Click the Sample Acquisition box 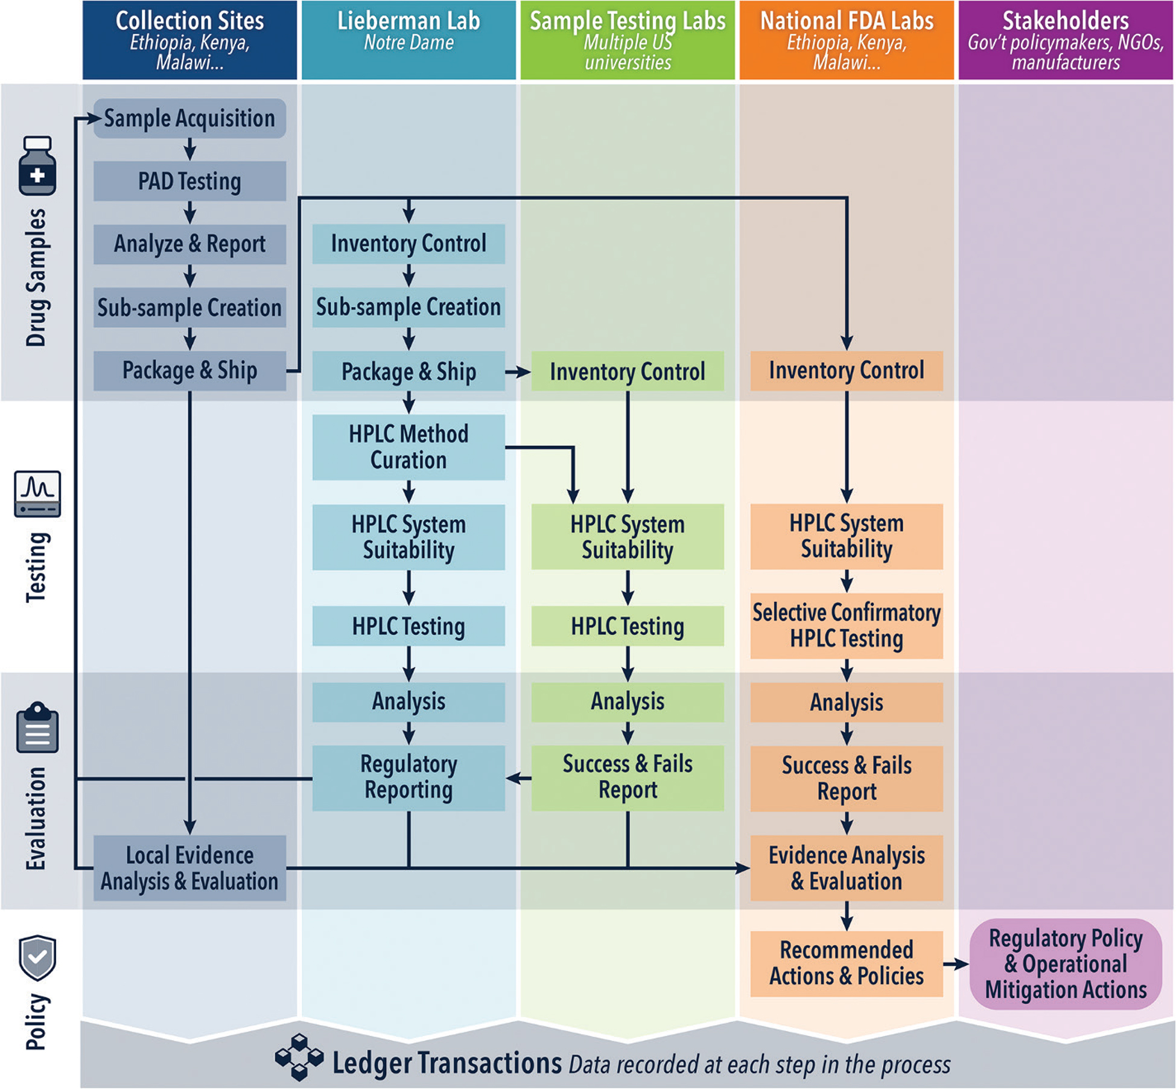pyautogui.click(x=189, y=118)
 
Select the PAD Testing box pyautogui.click(x=189, y=181)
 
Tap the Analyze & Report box pyautogui.click(x=189, y=244)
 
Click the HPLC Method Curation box pyautogui.click(x=408, y=447)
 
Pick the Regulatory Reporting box pyautogui.click(x=408, y=778)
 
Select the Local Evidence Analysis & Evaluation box pyautogui.click(x=189, y=868)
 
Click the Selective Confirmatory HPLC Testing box pyautogui.click(x=847, y=625)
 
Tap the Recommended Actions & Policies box pyautogui.click(x=847, y=963)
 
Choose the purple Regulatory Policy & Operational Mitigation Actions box pyautogui.click(x=1066, y=963)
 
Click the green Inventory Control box pyautogui.click(x=628, y=371)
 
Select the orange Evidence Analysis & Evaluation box pyautogui.click(x=847, y=868)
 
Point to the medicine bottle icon pyautogui.click(x=37, y=166)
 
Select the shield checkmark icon pyautogui.click(x=37, y=957)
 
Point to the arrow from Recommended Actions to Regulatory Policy pyautogui.click(x=956, y=964)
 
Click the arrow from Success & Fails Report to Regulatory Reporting pyautogui.click(x=518, y=778)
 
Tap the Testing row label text pyautogui.click(x=36, y=567)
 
